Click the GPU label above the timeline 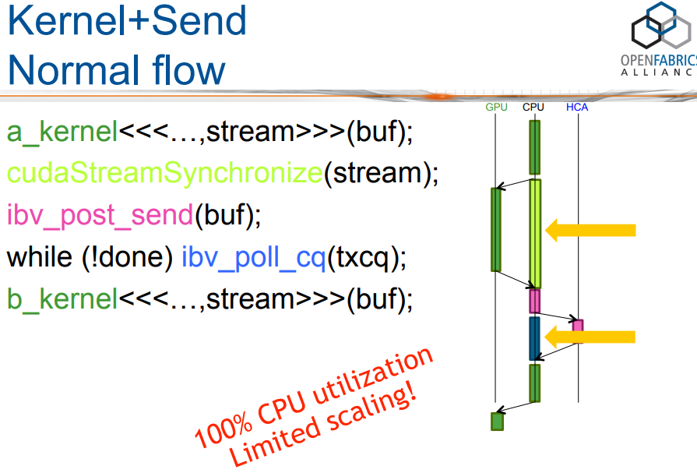pyautogui.click(x=496, y=107)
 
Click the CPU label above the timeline pyautogui.click(x=533, y=107)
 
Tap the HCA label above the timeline pyautogui.click(x=577, y=107)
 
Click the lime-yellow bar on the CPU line pyautogui.click(x=534, y=234)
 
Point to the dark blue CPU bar pyautogui.click(x=534, y=338)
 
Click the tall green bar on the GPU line pyautogui.click(x=495, y=229)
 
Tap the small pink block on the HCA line pyautogui.click(x=578, y=325)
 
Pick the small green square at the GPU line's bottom pyautogui.click(x=497, y=421)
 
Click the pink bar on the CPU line pyautogui.click(x=534, y=301)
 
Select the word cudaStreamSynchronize pyautogui.click(x=164, y=173)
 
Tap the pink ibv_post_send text pyautogui.click(x=100, y=215)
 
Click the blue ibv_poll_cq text pyautogui.click(x=253, y=257)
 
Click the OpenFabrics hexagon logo pyautogui.click(x=661, y=31)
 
